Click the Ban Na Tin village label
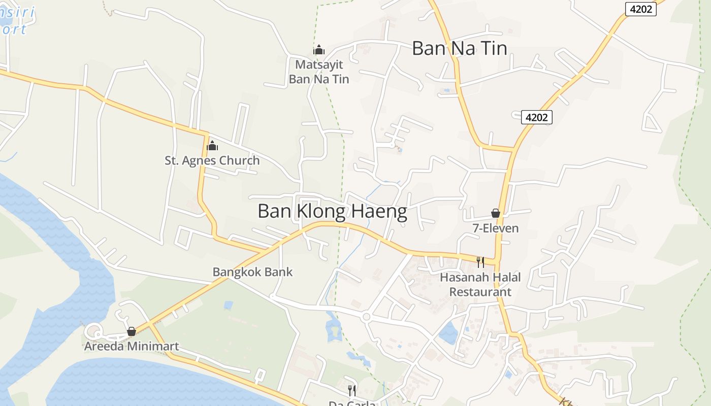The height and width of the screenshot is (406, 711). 459,48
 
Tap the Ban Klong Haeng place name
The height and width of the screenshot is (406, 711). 332,212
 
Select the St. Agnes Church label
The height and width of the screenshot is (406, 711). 212,160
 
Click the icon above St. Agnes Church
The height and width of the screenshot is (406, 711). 212,146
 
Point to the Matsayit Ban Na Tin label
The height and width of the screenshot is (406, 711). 319,72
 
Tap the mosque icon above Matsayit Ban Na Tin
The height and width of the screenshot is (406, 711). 319,50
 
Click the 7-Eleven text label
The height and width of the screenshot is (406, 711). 496,228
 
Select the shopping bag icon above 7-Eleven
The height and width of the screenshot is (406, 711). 496,213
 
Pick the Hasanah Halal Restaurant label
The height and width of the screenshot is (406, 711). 480,285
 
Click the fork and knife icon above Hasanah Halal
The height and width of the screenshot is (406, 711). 480,262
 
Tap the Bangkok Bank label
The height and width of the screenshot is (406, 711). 252,272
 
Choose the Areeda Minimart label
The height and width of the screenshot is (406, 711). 132,347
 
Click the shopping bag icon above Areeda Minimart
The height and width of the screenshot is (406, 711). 132,331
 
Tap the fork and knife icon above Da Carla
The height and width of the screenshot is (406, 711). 351,390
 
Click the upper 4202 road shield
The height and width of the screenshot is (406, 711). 640,9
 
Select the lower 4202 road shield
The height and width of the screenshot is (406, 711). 536,117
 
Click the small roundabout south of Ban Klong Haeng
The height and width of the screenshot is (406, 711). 366,317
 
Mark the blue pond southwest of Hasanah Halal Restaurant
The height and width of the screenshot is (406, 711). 448,333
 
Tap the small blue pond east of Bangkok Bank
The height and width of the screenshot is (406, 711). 229,305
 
